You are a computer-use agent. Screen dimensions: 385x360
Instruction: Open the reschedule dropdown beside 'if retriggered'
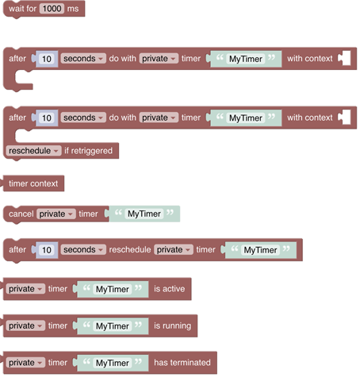(x=34, y=151)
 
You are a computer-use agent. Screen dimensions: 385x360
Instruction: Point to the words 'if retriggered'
(x=88, y=151)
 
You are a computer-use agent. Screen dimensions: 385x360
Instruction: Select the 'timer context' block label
(x=33, y=183)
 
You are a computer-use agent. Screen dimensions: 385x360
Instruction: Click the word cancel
(x=21, y=214)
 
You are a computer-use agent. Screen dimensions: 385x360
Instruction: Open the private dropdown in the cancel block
(x=56, y=214)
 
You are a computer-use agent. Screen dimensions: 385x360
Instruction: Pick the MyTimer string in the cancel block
(x=144, y=214)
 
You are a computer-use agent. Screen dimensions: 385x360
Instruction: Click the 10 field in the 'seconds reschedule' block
(x=47, y=250)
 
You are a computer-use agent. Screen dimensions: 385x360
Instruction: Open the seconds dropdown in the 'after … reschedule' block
(x=83, y=250)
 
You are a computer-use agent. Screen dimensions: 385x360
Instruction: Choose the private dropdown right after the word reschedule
(x=173, y=250)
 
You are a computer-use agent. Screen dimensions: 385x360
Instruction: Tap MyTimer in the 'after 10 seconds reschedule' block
(x=260, y=250)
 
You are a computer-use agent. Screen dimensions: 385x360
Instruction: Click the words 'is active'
(x=169, y=289)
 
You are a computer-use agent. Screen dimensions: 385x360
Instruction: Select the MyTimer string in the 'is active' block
(x=112, y=289)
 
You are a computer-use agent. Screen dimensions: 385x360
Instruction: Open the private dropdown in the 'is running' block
(x=25, y=325)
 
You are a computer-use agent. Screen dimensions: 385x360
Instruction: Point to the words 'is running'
(x=172, y=325)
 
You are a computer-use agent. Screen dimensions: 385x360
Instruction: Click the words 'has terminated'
(x=182, y=363)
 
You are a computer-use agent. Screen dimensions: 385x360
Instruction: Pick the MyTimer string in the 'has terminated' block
(x=112, y=363)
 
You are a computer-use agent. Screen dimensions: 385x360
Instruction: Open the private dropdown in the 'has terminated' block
(x=25, y=363)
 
